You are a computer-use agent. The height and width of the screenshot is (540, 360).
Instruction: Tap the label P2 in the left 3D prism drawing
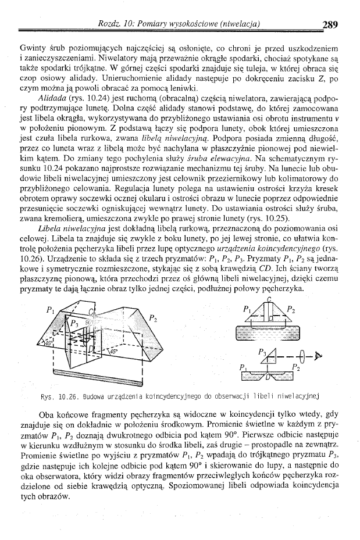click(153, 317)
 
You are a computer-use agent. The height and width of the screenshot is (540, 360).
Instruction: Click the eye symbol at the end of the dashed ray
click(318, 352)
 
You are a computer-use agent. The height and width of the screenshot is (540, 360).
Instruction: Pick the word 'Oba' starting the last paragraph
click(47, 414)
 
